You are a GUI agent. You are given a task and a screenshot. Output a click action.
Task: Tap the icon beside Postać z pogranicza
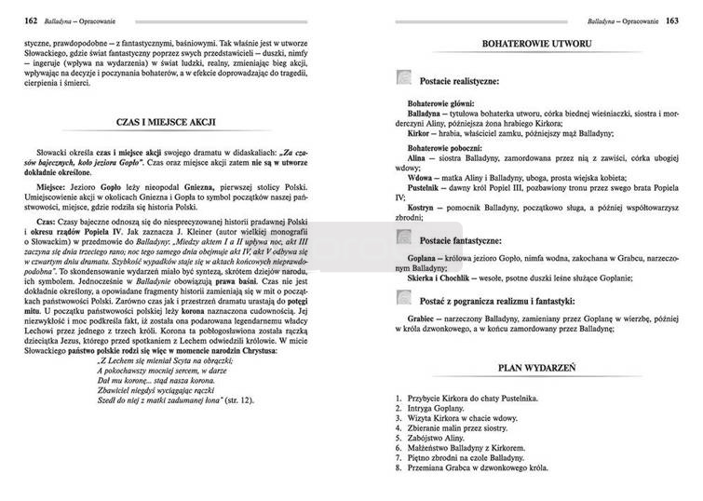click(x=401, y=298)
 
